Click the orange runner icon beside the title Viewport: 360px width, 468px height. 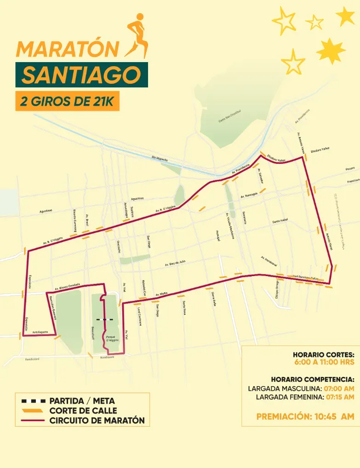click(x=137, y=35)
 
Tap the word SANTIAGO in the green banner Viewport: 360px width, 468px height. click(x=81, y=75)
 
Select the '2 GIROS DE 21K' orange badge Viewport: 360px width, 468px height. click(x=67, y=101)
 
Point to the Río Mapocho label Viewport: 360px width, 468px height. click(x=160, y=159)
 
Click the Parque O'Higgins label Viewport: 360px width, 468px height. click(x=113, y=338)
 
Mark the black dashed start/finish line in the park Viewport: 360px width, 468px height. click(x=105, y=319)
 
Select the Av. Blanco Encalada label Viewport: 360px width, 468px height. click(x=67, y=286)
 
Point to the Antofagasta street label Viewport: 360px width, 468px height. click(x=40, y=331)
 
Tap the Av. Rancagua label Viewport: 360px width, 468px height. click(x=251, y=195)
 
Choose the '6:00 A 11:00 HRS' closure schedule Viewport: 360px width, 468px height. click(x=324, y=362)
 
